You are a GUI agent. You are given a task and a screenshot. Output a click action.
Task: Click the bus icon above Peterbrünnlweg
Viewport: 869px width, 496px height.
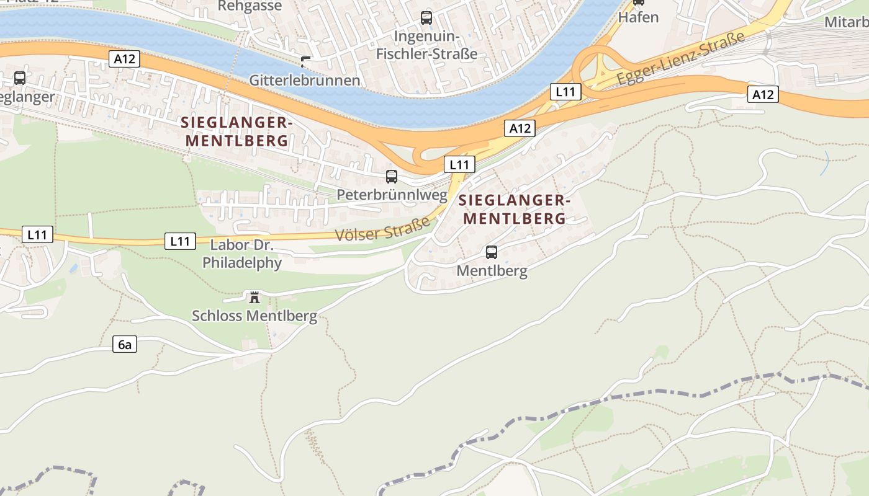(x=391, y=177)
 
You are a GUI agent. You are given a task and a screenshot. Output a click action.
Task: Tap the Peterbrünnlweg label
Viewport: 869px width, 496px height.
(x=392, y=195)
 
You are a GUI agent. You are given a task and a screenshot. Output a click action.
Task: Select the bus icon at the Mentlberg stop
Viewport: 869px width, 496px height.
(x=491, y=252)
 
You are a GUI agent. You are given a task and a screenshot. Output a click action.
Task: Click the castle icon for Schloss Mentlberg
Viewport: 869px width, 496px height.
(x=254, y=298)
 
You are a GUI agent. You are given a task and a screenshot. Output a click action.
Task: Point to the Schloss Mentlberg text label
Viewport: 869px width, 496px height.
(x=254, y=316)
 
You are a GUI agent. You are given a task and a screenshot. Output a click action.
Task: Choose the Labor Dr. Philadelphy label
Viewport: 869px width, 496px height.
(x=242, y=254)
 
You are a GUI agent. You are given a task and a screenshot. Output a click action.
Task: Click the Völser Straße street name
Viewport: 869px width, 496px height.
(x=382, y=229)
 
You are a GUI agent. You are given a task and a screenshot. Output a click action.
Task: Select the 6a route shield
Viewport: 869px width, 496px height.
(x=125, y=345)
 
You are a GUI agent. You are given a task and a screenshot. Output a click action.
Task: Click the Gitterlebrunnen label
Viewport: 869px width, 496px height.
(x=305, y=81)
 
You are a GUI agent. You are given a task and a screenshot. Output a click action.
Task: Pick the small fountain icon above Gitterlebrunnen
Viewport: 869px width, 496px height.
(x=305, y=61)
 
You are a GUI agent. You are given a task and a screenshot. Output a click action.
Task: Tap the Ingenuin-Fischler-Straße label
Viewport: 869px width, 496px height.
(x=426, y=45)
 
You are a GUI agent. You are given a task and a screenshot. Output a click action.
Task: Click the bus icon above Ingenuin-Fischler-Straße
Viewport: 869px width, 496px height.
(x=426, y=18)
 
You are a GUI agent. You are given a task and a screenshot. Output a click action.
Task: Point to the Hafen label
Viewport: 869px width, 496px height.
(x=638, y=17)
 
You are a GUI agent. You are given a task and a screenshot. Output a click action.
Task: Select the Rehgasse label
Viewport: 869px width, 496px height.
(x=250, y=6)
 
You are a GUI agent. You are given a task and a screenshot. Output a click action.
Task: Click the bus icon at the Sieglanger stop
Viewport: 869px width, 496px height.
(x=20, y=78)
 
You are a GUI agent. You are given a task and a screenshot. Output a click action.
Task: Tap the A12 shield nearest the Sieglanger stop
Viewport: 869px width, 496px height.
(x=124, y=60)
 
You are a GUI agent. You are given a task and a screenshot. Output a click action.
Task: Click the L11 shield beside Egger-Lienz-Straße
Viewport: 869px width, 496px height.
(x=565, y=92)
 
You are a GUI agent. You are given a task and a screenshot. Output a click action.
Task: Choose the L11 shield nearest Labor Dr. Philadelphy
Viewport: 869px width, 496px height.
(x=180, y=241)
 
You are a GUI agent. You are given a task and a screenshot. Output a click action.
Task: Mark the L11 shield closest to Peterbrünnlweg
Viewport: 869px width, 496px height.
(x=459, y=165)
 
